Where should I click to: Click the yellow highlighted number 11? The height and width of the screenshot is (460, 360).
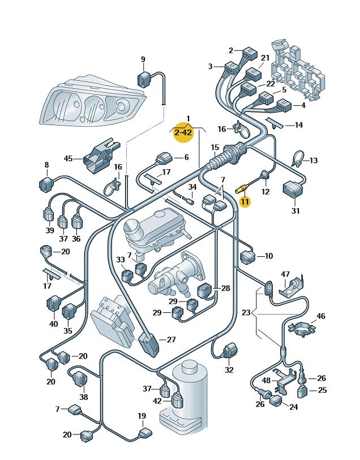(x=245, y=201)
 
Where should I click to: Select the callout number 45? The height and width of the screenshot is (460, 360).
(x=68, y=159)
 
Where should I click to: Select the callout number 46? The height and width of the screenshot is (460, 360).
(x=321, y=316)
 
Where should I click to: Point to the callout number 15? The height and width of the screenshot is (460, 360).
(x=215, y=148)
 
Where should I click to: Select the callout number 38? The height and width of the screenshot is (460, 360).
(x=84, y=397)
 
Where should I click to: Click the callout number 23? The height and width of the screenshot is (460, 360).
(x=246, y=312)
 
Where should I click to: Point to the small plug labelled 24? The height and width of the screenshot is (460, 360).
(x=276, y=402)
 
